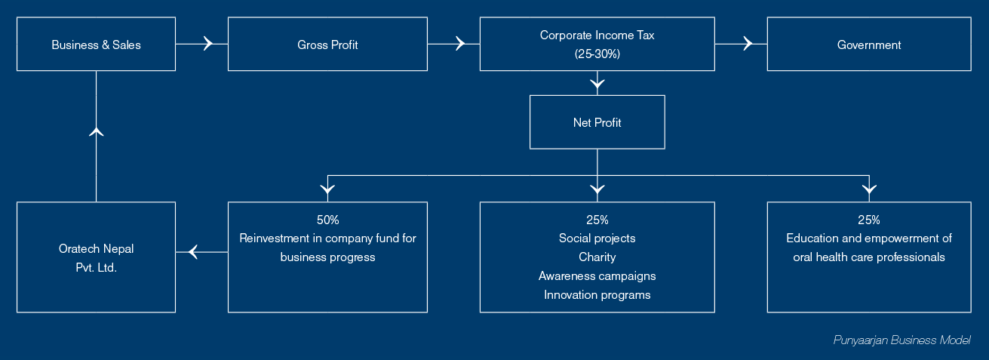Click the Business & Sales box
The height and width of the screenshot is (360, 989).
(x=97, y=45)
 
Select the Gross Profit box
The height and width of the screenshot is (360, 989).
(x=327, y=45)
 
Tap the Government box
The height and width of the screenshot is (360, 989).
(x=869, y=45)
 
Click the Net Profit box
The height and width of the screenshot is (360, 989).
(x=597, y=122)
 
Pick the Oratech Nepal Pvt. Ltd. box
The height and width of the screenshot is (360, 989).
(x=97, y=257)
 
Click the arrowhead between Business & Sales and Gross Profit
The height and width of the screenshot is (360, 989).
(x=208, y=44)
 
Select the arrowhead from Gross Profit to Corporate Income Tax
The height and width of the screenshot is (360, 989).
(x=460, y=44)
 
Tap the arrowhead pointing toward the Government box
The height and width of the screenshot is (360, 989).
(x=748, y=44)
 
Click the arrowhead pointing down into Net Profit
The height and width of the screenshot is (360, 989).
(x=597, y=84)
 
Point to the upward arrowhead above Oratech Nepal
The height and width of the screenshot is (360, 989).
(x=97, y=131)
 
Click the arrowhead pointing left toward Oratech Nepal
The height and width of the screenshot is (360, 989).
(x=193, y=252)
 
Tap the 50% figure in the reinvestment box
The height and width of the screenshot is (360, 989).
(x=327, y=220)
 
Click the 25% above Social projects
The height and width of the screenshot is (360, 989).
(x=597, y=220)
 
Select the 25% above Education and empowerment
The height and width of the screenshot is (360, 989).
(x=869, y=220)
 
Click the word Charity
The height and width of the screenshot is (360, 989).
(x=597, y=257)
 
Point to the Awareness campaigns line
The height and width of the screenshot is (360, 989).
(x=597, y=276)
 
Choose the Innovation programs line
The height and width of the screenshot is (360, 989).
(x=597, y=294)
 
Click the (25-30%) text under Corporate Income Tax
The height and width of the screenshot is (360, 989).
(x=597, y=54)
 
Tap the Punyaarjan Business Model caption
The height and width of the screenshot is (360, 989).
(x=901, y=340)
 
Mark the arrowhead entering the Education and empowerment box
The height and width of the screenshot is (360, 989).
(x=869, y=190)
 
